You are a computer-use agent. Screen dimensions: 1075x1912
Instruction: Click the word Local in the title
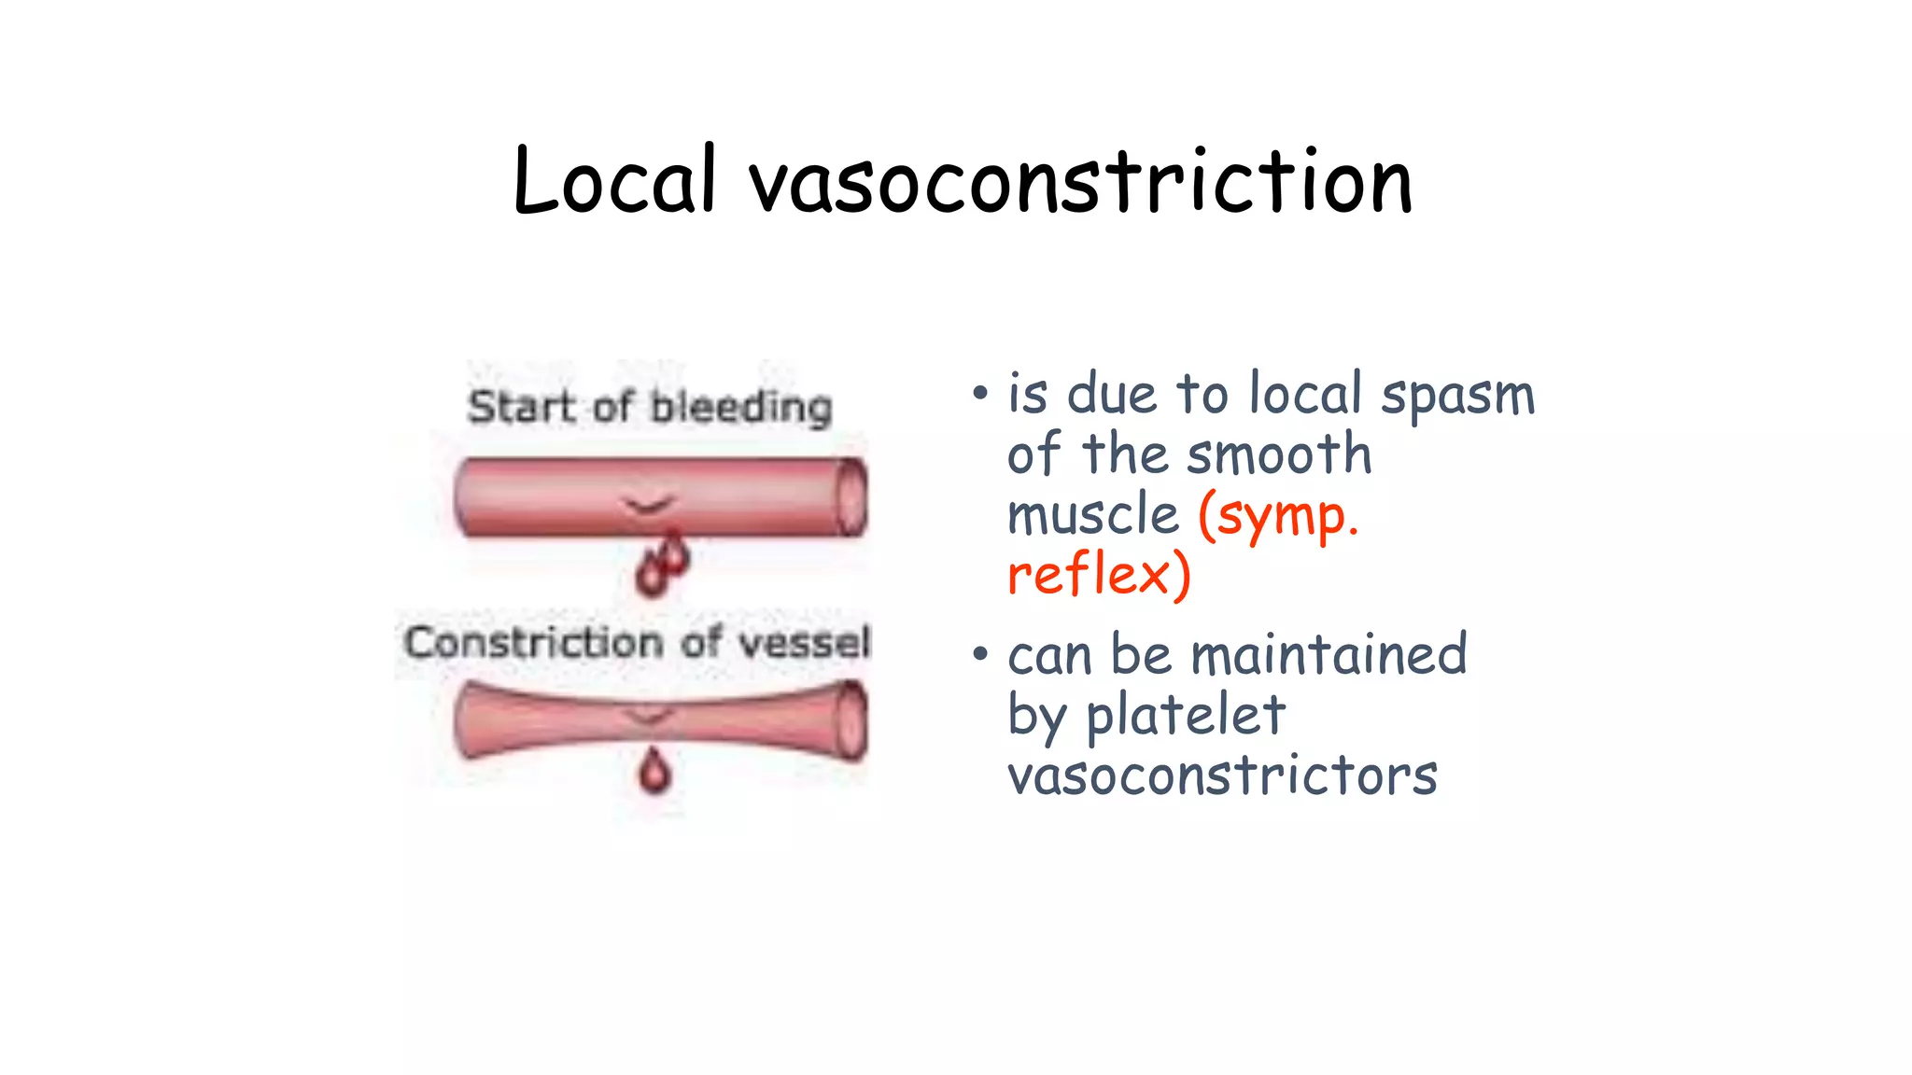point(614,181)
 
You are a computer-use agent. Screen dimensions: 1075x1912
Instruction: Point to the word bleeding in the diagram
point(741,408)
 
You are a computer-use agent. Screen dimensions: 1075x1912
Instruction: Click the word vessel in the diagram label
point(805,642)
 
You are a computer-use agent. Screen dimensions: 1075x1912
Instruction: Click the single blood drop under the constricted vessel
point(654,772)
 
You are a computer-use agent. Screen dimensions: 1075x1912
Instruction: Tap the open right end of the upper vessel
point(851,497)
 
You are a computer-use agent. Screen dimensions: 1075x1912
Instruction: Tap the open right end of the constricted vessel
point(851,721)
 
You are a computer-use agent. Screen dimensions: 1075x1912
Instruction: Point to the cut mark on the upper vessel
point(648,506)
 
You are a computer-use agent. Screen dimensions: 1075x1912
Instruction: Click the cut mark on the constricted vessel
point(648,716)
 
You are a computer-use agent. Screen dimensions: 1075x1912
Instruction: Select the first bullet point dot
point(979,393)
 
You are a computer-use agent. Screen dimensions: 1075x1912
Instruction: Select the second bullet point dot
point(979,653)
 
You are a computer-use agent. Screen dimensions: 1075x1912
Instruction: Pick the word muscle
point(1093,515)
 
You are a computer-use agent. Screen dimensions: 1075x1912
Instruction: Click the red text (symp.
point(1278,516)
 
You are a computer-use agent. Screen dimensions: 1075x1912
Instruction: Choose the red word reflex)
point(1099,574)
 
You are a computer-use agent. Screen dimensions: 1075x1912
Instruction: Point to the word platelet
point(1186,716)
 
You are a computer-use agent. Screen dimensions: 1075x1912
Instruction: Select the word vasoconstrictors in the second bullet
point(1222,775)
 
